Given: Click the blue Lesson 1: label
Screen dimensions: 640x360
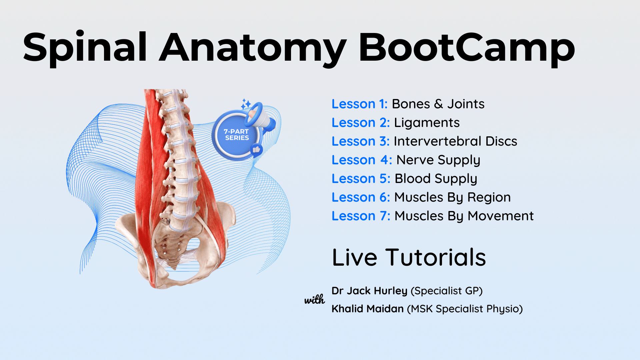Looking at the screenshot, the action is [x=359, y=104].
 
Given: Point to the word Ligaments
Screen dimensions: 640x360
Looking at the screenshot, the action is [x=427, y=123].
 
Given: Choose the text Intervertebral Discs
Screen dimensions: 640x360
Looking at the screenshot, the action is [x=455, y=141].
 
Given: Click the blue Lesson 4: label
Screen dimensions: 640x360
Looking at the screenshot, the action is [x=362, y=160].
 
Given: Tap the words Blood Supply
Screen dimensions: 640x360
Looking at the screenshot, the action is [x=436, y=179].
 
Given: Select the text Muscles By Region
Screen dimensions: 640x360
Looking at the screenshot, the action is [x=452, y=198].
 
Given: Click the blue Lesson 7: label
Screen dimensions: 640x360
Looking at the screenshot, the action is [x=361, y=216].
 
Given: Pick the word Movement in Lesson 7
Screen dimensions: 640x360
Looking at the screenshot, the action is [x=501, y=216].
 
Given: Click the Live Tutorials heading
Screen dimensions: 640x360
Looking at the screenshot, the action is [x=409, y=257].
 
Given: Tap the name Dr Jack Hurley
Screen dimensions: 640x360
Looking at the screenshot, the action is [x=369, y=291].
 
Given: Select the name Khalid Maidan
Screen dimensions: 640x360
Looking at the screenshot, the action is [x=368, y=309].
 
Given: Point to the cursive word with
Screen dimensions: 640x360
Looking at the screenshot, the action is [x=314, y=299].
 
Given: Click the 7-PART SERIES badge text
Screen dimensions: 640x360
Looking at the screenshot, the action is [x=236, y=135].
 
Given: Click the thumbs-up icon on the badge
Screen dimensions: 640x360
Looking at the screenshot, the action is [x=256, y=150].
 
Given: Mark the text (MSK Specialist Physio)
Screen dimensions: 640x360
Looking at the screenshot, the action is [x=465, y=309].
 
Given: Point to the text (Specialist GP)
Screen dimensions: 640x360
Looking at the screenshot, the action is [x=447, y=291].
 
